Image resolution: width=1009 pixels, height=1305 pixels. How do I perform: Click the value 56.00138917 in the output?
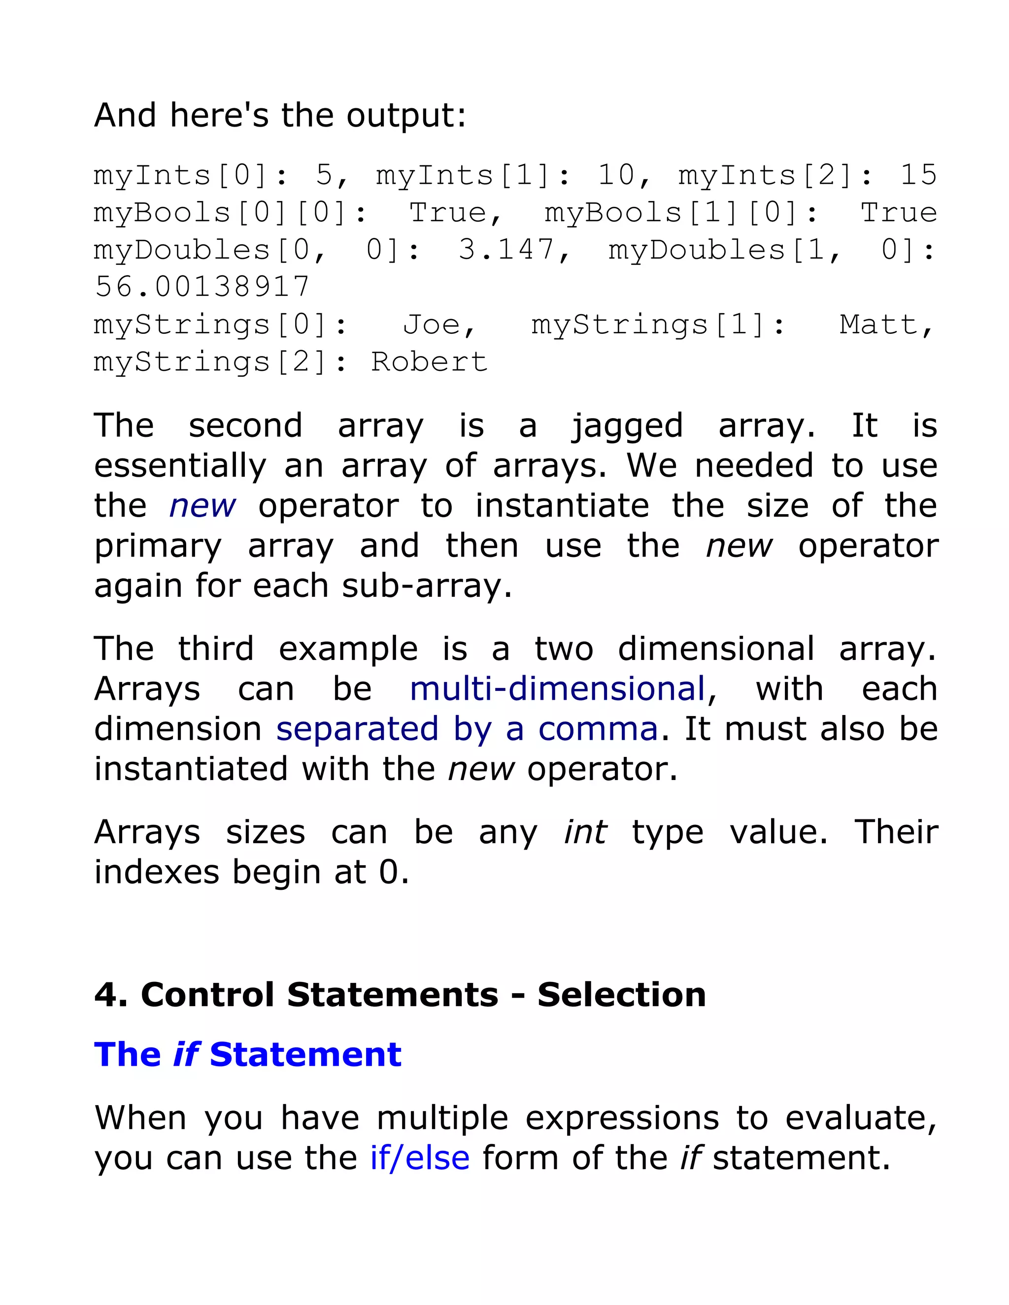[202, 287]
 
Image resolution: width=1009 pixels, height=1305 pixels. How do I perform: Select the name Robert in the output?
[429, 361]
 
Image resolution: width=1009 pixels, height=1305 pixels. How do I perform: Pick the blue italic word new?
[202, 506]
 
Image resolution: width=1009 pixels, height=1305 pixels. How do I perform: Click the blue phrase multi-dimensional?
[557, 689]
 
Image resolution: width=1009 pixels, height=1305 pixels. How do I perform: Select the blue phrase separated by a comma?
[467, 729]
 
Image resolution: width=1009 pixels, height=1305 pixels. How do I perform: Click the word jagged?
[627, 426]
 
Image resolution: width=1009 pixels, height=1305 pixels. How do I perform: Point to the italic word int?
[585, 832]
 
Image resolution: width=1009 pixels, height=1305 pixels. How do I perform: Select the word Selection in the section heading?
[621, 995]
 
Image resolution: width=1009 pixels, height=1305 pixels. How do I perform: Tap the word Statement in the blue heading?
[305, 1055]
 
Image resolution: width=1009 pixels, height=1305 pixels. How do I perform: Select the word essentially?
[180, 466]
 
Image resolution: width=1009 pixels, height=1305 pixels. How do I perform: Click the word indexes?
[157, 873]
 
